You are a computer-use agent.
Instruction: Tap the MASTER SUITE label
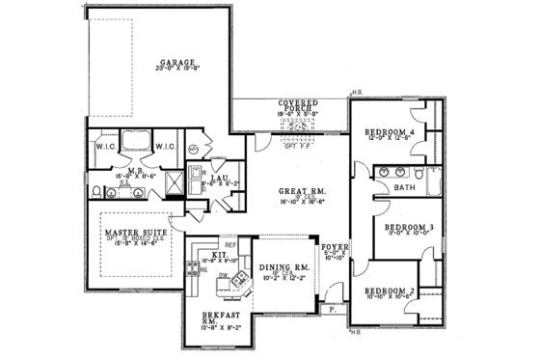click(129, 233)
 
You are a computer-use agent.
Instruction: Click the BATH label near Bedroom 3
click(404, 187)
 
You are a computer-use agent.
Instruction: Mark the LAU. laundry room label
click(219, 178)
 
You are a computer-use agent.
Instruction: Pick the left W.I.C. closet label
click(105, 148)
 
